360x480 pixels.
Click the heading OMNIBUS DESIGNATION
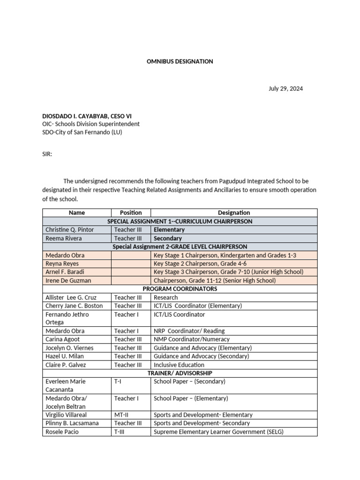pos(180,61)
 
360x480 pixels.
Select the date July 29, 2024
pos(285,89)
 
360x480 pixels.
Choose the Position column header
pos(130,213)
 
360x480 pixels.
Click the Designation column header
pos(233,213)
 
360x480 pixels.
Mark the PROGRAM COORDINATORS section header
pos(180,289)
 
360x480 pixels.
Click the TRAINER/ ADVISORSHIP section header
pos(180,373)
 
